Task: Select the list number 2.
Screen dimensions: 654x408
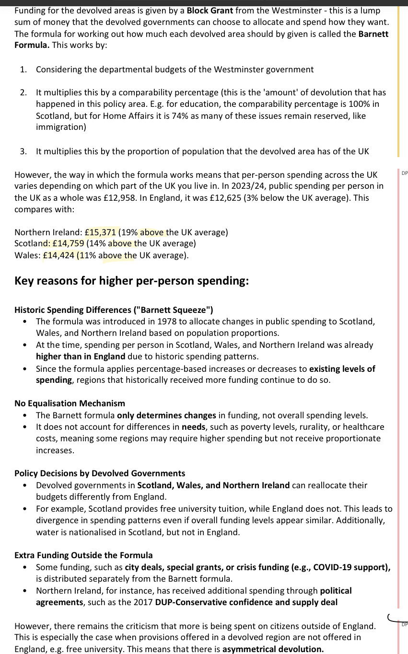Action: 23,92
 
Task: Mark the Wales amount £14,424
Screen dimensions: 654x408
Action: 58,255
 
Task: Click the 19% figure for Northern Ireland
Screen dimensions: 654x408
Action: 129,232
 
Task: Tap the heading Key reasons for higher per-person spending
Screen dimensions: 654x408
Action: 131,281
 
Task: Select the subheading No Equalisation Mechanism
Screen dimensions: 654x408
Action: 70,403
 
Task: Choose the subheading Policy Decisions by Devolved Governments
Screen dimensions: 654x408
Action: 100,473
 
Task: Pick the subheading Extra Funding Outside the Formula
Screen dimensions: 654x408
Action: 83,555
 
